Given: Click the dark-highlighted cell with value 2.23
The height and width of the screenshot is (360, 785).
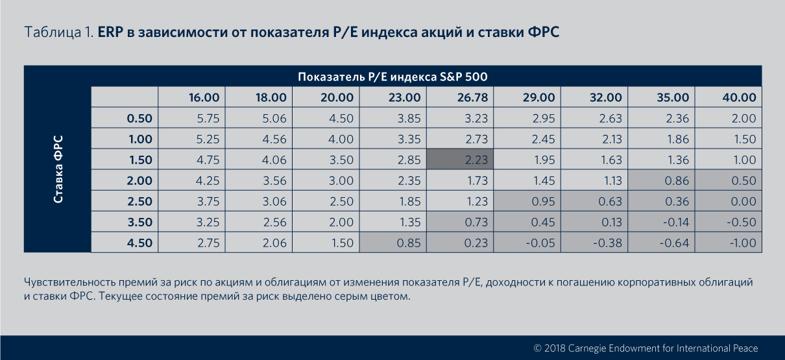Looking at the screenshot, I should [x=460, y=160].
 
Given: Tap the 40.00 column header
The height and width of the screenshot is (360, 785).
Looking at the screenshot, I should [x=739, y=98].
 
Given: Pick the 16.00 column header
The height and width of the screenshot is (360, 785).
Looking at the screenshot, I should [x=204, y=98].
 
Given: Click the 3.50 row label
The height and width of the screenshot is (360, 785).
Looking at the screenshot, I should [x=139, y=222].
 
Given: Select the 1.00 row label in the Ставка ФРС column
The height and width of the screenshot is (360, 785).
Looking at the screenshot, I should [x=139, y=139].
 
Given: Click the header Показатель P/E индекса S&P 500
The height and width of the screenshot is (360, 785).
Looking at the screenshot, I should [x=392, y=77].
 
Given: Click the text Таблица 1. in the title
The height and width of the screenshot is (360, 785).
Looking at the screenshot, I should [x=59, y=32].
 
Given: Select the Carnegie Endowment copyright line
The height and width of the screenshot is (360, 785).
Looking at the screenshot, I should [x=645, y=348].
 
